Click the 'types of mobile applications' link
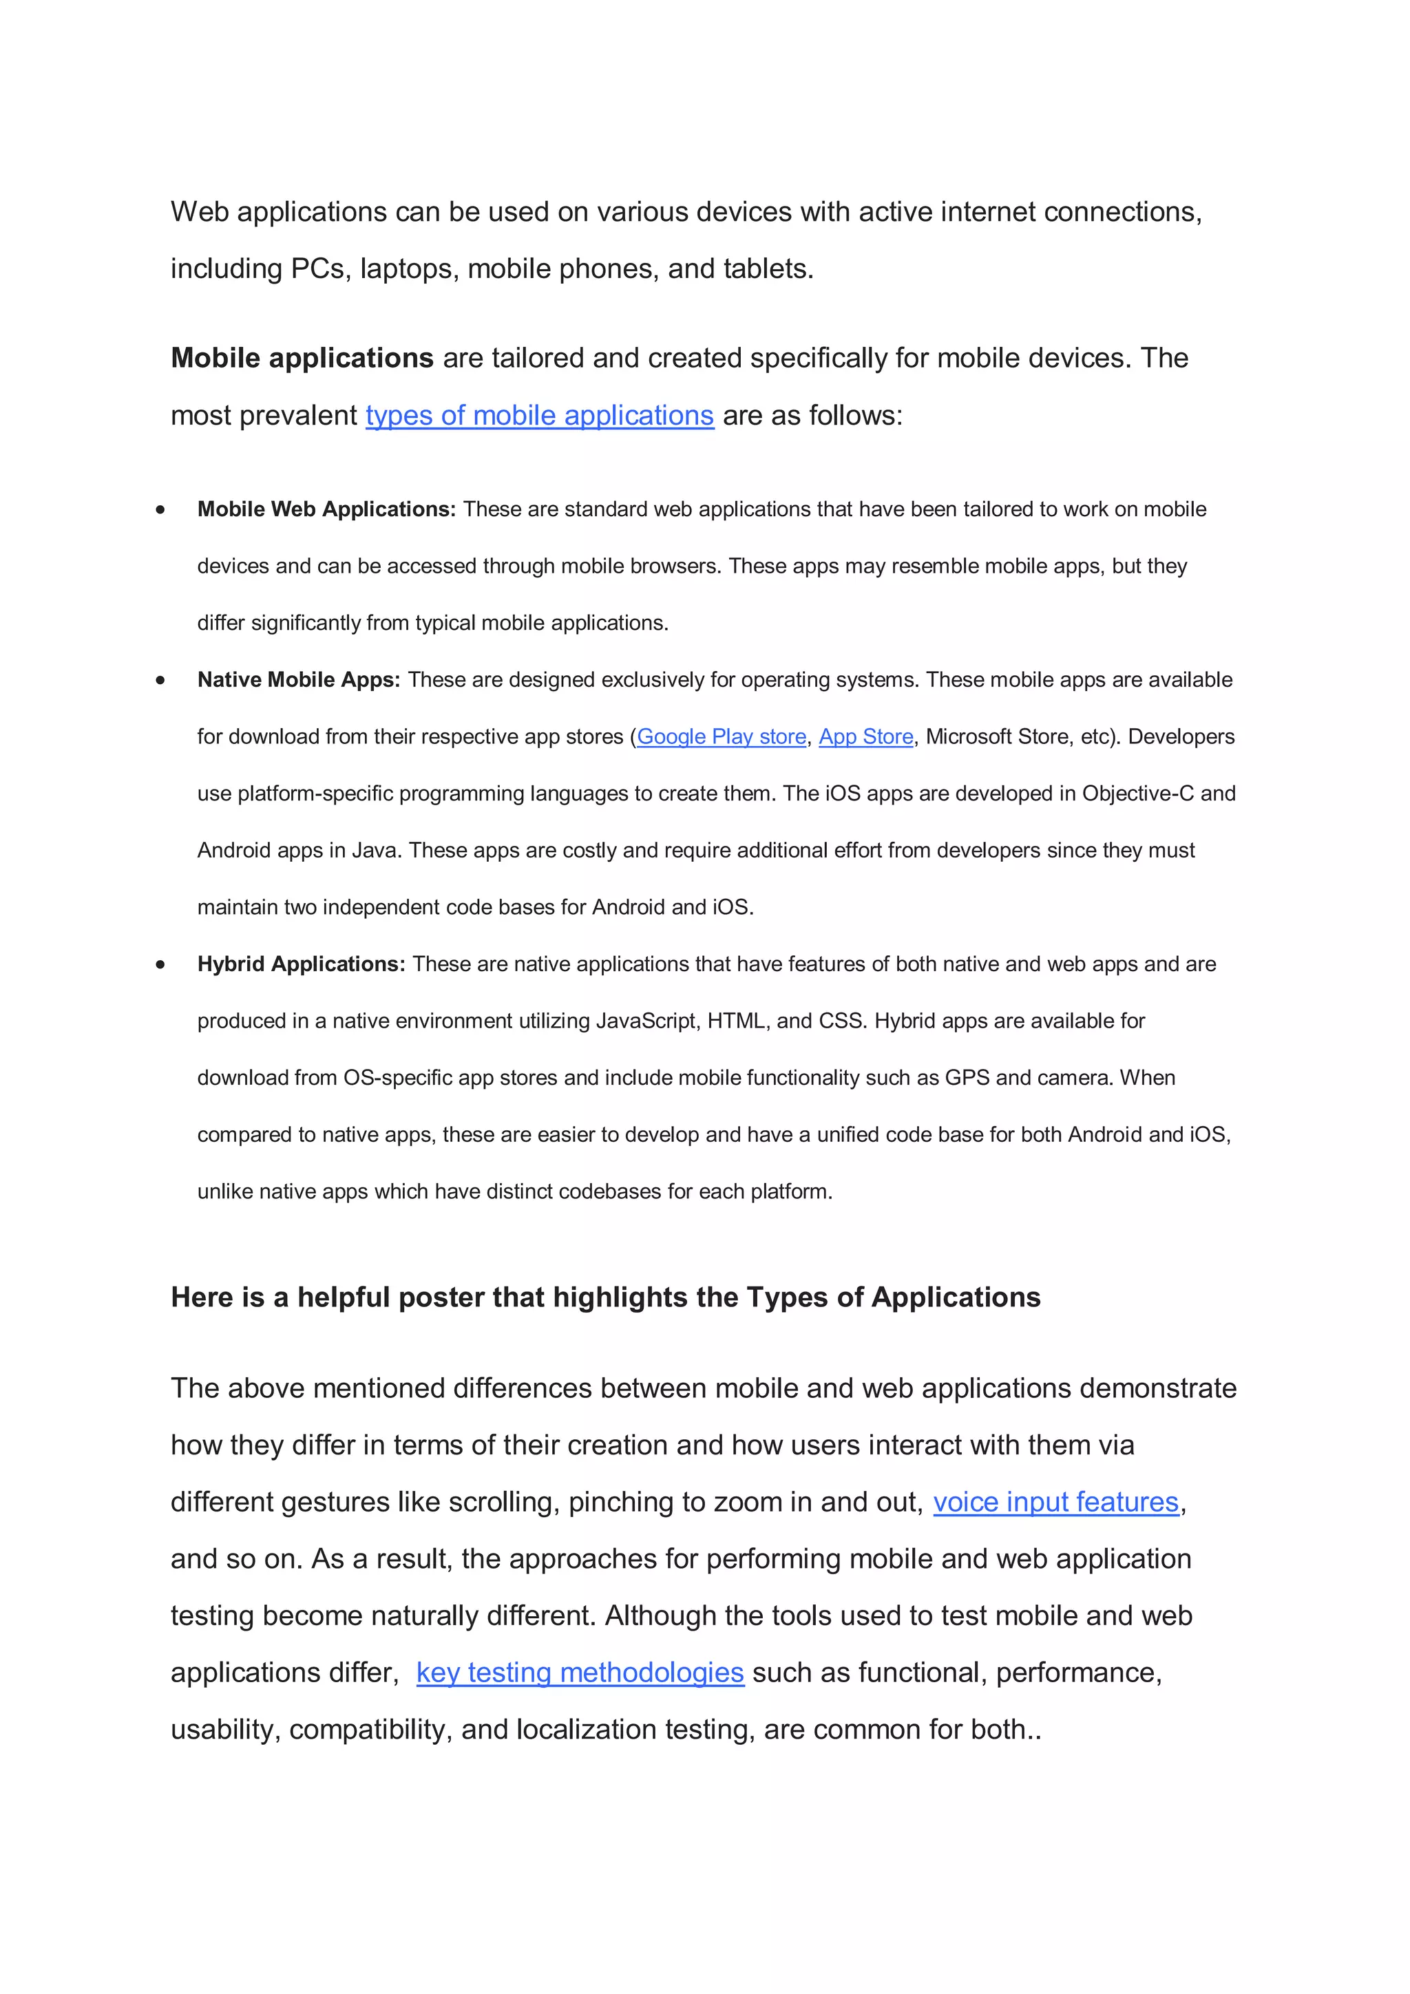(x=540, y=415)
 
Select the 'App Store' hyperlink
(x=865, y=736)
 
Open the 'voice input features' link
(x=1055, y=1502)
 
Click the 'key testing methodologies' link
(x=580, y=1672)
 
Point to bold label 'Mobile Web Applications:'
(x=326, y=509)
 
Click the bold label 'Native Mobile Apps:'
(x=298, y=679)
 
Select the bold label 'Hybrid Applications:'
(x=301, y=964)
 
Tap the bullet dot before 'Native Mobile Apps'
(x=160, y=680)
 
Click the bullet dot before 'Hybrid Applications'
(x=160, y=964)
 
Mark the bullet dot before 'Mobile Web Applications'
(x=160, y=510)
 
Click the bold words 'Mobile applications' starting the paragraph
(x=302, y=358)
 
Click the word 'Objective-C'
(x=1137, y=793)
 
